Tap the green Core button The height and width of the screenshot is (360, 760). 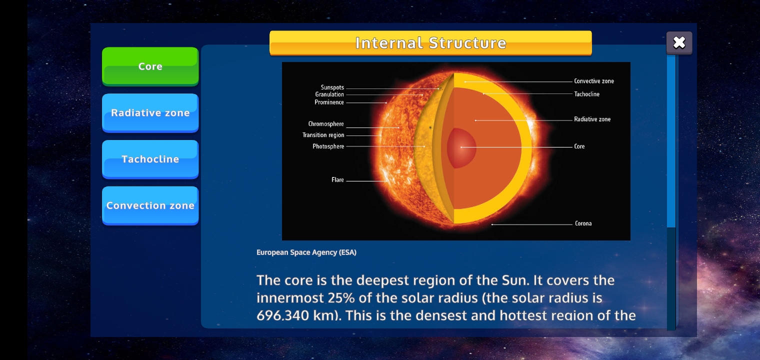point(150,66)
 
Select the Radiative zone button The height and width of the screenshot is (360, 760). point(150,112)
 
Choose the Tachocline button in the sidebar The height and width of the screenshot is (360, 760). point(150,159)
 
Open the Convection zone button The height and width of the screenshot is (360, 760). point(150,205)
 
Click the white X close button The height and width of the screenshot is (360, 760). point(679,43)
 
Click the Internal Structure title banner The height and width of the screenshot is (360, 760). point(430,43)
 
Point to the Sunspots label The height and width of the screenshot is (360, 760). point(332,87)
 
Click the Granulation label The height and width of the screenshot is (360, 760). point(329,94)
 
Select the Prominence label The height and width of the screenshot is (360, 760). point(329,102)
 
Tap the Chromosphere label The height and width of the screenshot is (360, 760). point(326,124)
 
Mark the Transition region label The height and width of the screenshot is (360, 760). point(323,135)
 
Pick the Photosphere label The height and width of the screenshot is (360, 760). point(328,146)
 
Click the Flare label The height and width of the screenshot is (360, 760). point(337,180)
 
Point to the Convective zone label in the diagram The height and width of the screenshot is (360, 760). point(594,81)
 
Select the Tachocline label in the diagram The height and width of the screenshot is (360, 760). point(586,94)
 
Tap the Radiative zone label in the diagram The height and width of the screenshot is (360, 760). point(592,119)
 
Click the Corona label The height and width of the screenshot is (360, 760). point(583,223)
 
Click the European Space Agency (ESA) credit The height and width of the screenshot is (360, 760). point(306,252)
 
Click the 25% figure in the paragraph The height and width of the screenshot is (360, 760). point(341,298)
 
